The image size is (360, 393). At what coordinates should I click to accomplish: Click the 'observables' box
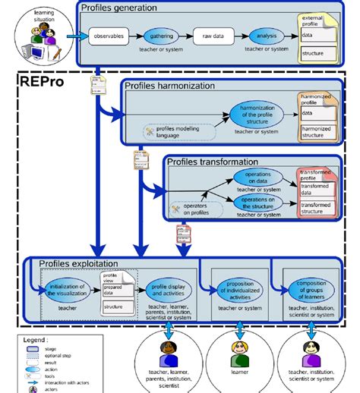coord(108,36)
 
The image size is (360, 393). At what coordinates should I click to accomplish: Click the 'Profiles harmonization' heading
coord(172,86)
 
